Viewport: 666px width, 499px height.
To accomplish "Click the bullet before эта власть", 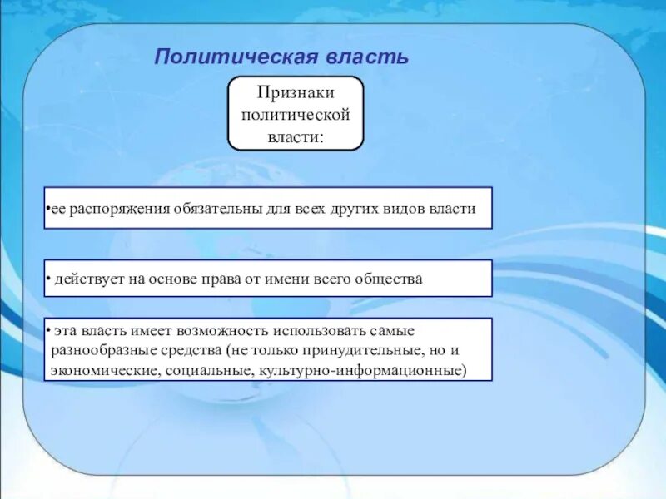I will [48, 330].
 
